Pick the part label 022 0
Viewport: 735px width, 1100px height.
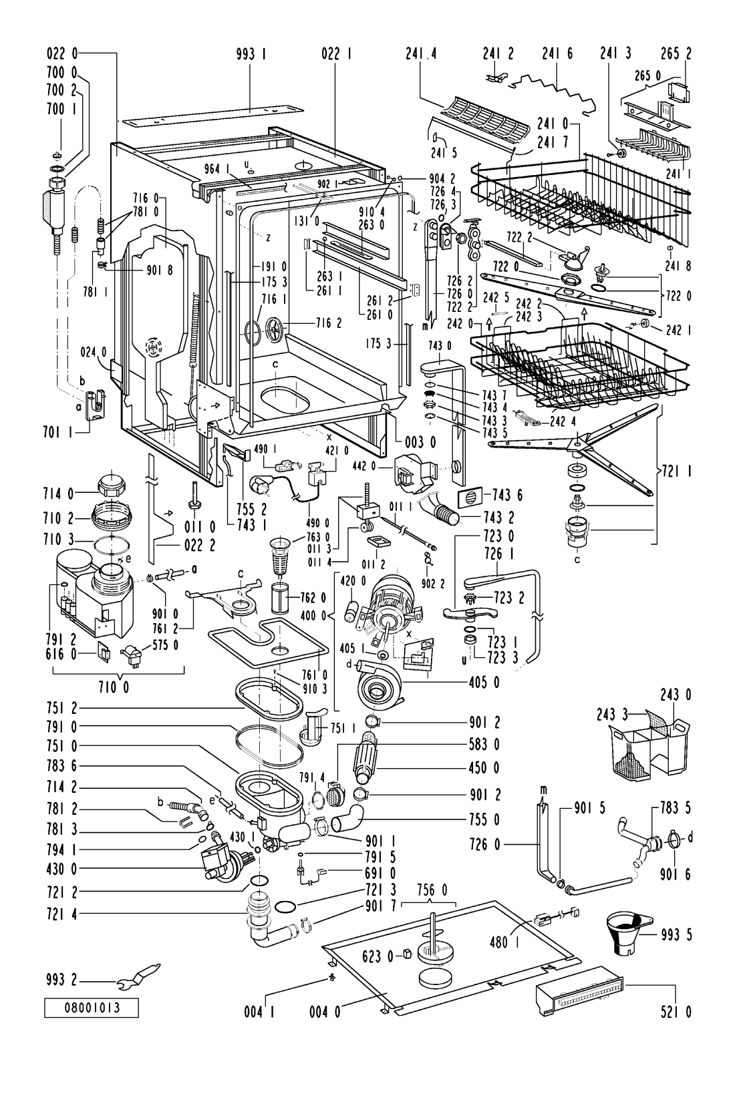(61, 53)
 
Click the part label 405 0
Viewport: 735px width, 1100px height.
(484, 683)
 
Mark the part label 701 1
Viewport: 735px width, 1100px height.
(57, 433)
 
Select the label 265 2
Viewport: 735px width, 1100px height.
(676, 53)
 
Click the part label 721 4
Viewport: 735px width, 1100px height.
(61, 914)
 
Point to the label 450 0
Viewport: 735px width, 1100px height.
(484, 767)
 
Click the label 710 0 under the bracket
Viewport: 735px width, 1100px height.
(114, 687)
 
